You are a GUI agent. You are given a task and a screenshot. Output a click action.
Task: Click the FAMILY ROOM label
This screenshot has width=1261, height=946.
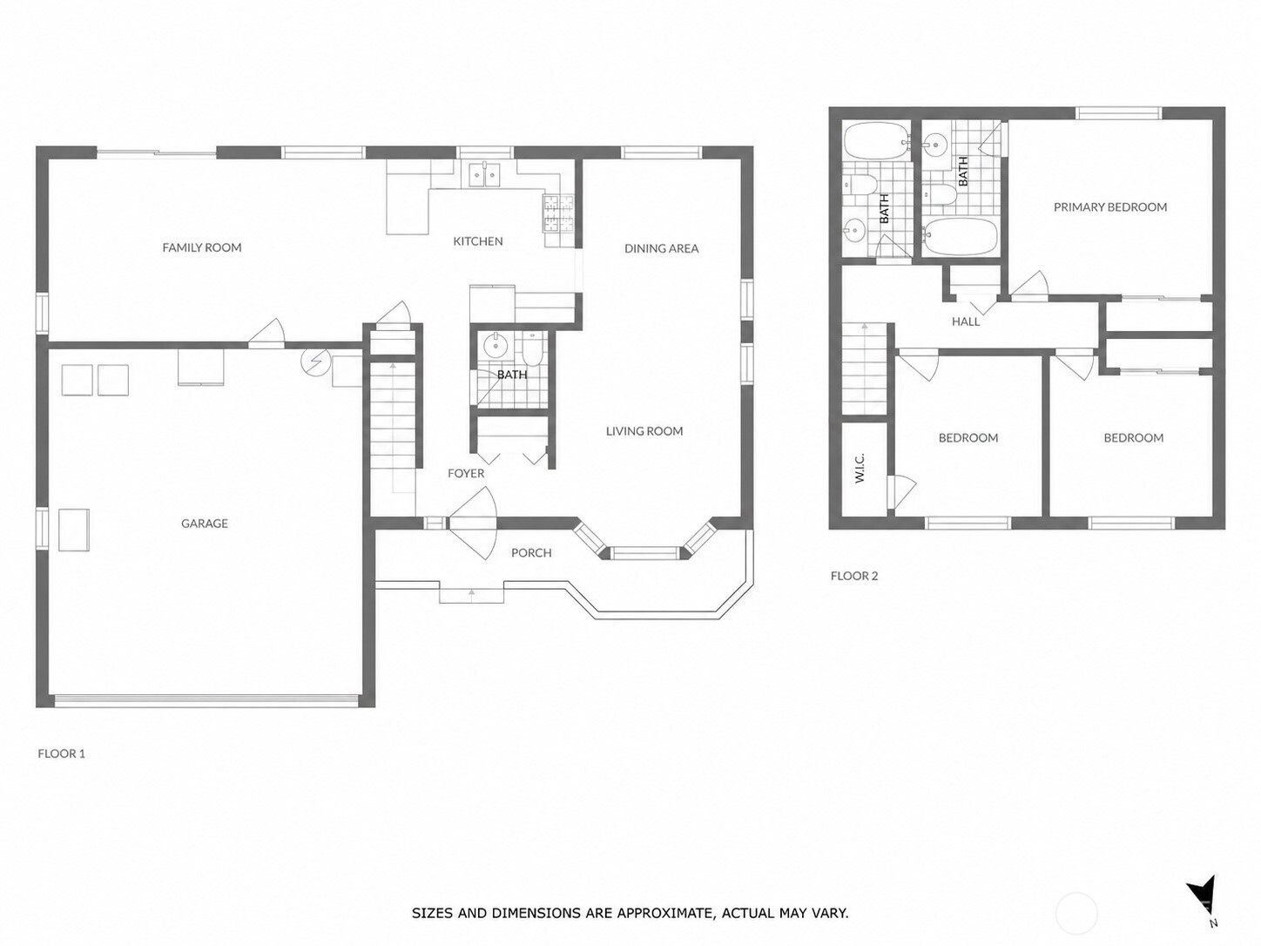point(202,247)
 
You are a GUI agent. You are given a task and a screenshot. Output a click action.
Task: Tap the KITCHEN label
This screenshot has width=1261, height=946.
point(478,241)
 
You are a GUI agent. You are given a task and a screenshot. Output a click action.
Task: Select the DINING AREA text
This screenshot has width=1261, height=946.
point(661,249)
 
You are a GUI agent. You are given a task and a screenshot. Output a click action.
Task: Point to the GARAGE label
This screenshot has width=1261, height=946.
point(205,524)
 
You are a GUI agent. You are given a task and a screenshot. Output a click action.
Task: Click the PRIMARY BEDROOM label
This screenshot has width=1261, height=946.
point(1110,206)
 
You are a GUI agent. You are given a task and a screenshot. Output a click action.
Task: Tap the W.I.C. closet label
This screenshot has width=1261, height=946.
point(860,467)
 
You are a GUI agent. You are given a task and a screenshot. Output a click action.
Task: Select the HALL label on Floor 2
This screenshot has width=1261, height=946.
point(966,321)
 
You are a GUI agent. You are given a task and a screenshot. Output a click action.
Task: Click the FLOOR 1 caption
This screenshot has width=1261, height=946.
point(62,753)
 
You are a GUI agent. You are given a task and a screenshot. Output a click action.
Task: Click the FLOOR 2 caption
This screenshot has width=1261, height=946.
point(854,576)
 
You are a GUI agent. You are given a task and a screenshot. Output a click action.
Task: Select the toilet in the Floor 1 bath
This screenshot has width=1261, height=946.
point(533,350)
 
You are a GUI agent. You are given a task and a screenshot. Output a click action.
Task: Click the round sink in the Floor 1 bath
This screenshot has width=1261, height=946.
point(494,346)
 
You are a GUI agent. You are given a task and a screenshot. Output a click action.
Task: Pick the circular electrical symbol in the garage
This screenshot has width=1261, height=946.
point(315,361)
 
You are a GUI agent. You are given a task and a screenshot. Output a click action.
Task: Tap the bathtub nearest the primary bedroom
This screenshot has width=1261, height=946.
point(961,236)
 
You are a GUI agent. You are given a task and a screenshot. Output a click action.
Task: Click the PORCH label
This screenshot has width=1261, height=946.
point(531,553)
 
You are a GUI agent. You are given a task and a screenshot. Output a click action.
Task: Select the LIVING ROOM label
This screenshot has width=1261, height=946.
point(644,431)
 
